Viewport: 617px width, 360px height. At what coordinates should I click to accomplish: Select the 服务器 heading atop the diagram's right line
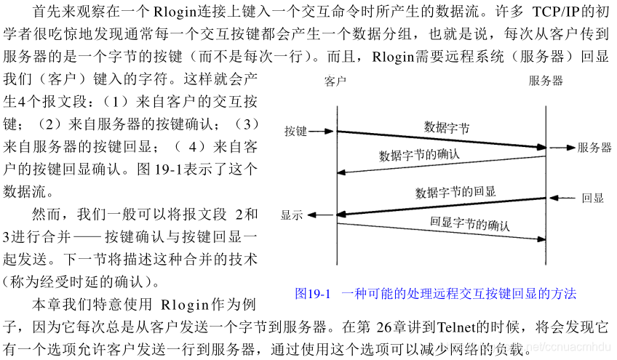pyautogui.click(x=546, y=81)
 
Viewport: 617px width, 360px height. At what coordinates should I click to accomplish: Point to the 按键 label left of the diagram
pyautogui.click(x=296, y=132)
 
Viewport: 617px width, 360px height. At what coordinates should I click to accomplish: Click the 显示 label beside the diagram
pyautogui.click(x=292, y=215)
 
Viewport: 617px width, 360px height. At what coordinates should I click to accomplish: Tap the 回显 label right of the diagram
pyautogui.click(x=593, y=198)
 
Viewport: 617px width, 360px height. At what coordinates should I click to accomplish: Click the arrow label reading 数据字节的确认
pyautogui.click(x=419, y=155)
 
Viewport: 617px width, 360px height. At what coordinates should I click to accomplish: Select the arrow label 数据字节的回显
pyautogui.click(x=455, y=192)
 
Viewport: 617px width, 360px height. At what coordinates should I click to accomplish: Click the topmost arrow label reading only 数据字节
pyautogui.click(x=447, y=128)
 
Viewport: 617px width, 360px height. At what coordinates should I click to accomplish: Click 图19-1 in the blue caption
pyautogui.click(x=313, y=294)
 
